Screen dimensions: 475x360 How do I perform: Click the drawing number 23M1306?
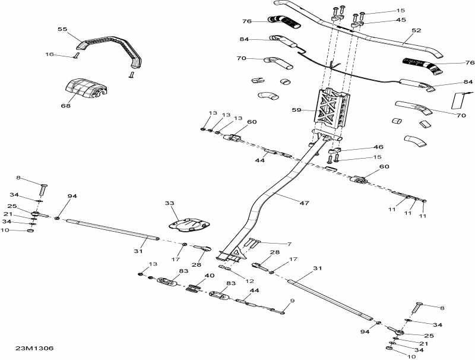click(x=34, y=348)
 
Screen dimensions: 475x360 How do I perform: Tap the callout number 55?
click(x=62, y=29)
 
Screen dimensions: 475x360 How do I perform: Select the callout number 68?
click(x=65, y=106)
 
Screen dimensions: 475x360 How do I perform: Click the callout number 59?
click(x=296, y=110)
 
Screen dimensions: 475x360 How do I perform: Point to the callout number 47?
click(x=304, y=203)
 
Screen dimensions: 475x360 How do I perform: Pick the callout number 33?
click(x=170, y=203)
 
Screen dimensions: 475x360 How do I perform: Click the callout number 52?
click(x=417, y=30)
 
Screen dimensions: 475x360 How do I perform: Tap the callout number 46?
click(x=378, y=147)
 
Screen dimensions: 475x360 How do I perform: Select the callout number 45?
click(x=401, y=20)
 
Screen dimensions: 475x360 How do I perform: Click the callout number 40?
click(x=210, y=276)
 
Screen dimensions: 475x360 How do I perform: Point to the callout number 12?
click(x=249, y=281)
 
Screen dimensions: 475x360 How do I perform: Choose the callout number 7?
click(x=289, y=244)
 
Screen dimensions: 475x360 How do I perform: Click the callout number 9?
click(x=292, y=301)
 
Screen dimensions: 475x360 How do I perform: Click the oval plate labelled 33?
click(x=189, y=224)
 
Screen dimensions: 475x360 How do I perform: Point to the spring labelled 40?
click(x=194, y=288)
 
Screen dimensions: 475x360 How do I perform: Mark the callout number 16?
click(x=49, y=54)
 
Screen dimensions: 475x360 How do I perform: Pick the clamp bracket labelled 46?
click(x=335, y=151)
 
